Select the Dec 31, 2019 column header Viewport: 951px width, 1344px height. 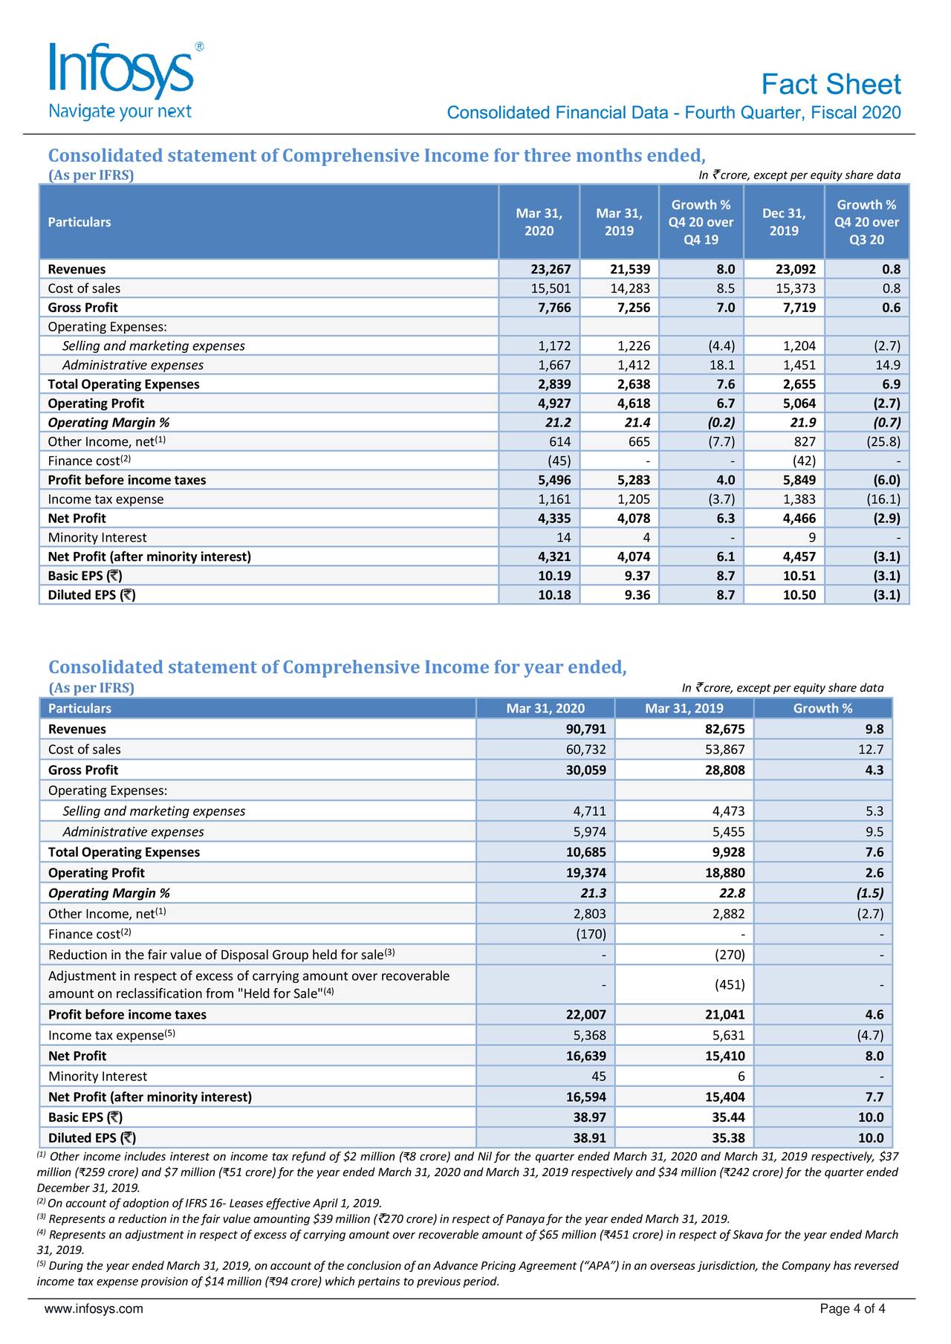783,222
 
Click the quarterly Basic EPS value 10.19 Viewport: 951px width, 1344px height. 554,576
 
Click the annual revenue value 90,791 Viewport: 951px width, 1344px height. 585,730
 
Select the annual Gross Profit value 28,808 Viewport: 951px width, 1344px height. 724,770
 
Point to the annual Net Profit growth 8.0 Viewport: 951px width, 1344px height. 874,1056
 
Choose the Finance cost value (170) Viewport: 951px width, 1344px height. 591,934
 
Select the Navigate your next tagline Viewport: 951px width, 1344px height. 120,112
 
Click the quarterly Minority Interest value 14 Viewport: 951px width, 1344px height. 563,538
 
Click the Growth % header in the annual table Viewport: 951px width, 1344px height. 822,709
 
